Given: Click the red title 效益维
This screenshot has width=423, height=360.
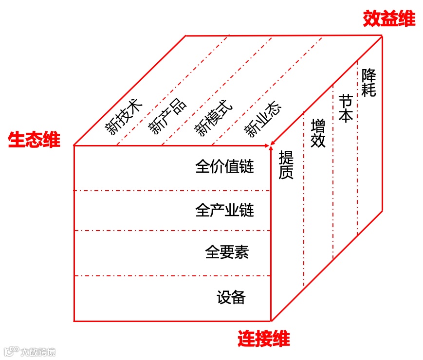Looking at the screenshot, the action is pos(389,19).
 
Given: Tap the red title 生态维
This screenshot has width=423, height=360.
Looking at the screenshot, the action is pos(34,140).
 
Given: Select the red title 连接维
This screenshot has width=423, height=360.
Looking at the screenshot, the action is pos(263,339).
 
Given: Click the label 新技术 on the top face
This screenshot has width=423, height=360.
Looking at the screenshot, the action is pos(125,117).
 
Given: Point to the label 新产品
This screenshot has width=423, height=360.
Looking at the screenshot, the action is pos(167,117).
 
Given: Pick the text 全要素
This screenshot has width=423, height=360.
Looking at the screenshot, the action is pos(227,252).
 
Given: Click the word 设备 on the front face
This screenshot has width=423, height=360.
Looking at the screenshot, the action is pos(231,297).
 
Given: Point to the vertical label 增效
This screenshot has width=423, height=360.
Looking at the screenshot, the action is pos(318,133).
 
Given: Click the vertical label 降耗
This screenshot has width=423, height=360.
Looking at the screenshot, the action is pos(368,83).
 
